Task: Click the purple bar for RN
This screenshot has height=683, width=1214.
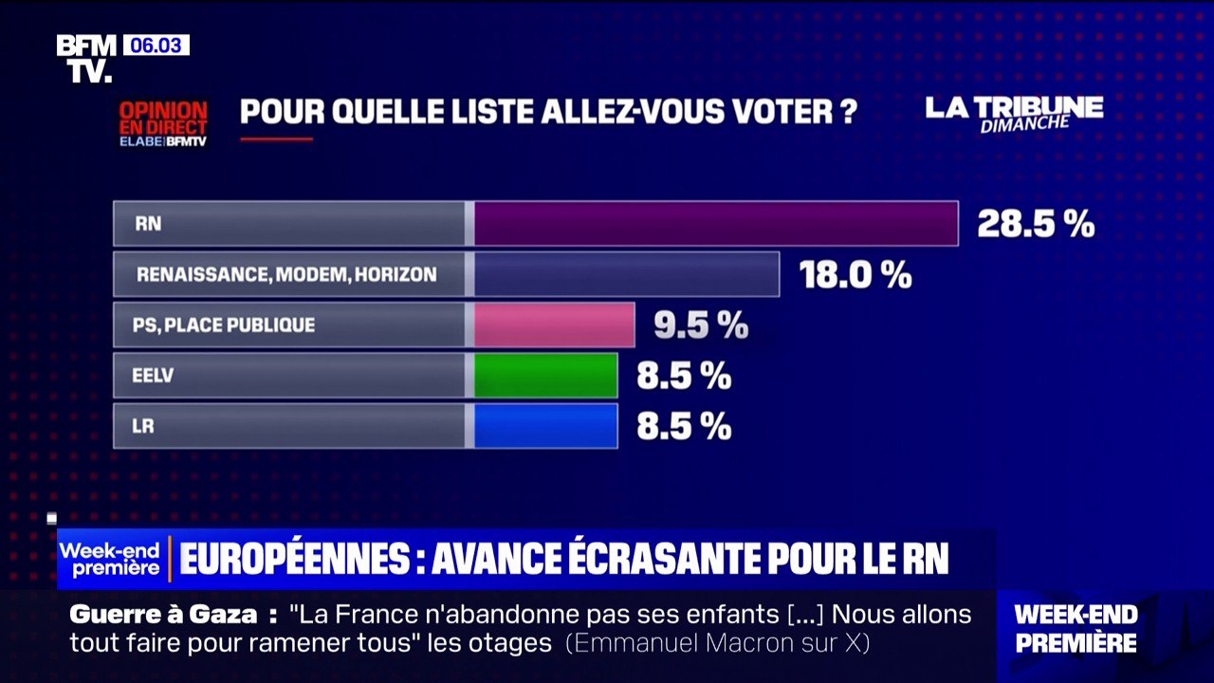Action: click(x=715, y=224)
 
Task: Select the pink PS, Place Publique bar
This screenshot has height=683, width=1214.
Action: click(x=554, y=325)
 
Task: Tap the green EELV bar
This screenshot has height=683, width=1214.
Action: click(x=545, y=376)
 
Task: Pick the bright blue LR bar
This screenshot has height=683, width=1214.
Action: click(x=545, y=426)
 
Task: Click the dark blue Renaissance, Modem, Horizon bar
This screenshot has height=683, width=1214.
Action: click(x=626, y=274)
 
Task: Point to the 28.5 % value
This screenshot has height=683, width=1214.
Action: click(x=1036, y=225)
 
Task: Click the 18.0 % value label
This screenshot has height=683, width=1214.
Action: click(x=855, y=275)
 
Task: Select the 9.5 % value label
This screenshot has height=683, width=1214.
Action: click(x=701, y=325)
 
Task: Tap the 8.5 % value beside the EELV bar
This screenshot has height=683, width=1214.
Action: click(x=684, y=376)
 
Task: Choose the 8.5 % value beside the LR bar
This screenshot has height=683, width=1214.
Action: click(x=684, y=427)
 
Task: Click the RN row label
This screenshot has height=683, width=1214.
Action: click(x=149, y=225)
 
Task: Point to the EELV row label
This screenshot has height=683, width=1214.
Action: click(x=153, y=376)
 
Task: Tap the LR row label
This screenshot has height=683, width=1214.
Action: click(x=143, y=427)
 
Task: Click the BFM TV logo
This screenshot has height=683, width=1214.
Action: click(x=86, y=58)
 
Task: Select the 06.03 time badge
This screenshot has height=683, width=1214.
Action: click(x=156, y=45)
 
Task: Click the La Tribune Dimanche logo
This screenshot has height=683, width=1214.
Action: click(x=1014, y=112)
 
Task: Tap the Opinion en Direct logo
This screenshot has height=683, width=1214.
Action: click(x=162, y=123)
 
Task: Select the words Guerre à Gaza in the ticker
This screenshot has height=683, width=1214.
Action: click(x=162, y=614)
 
